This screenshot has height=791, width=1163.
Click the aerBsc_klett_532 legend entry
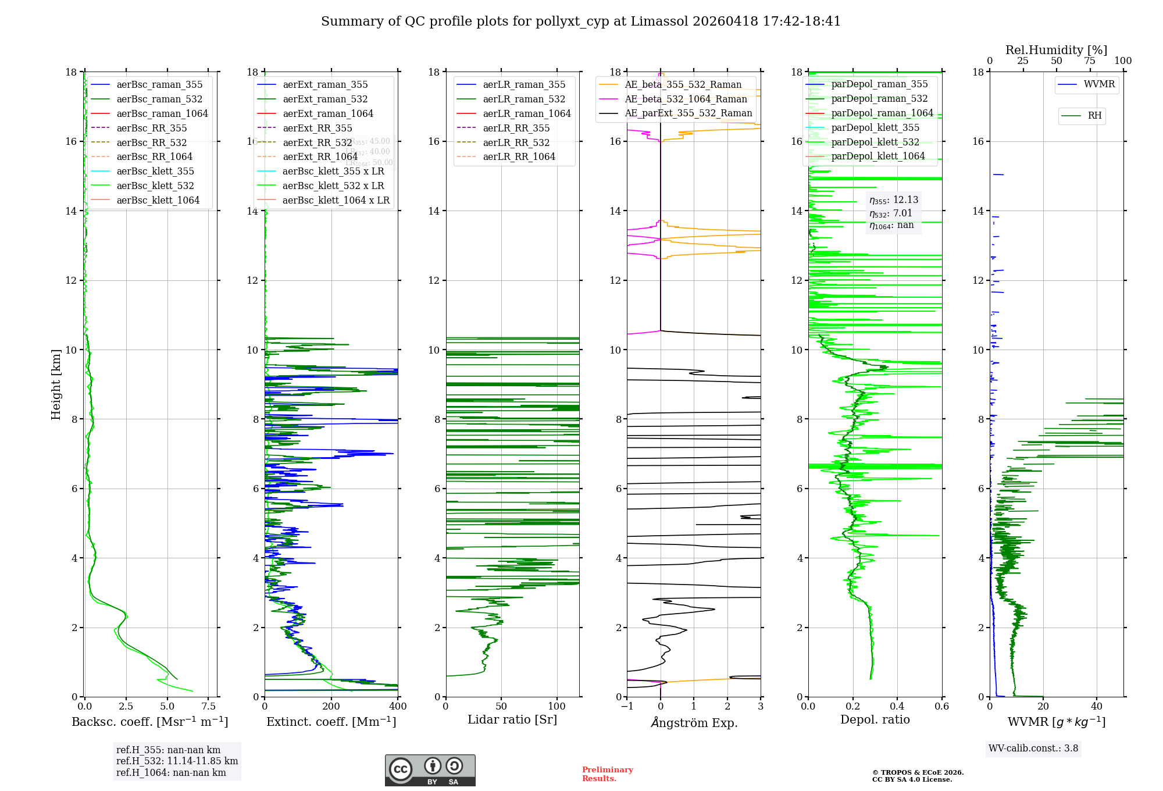click(x=155, y=186)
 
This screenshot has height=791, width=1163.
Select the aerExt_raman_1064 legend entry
click(x=328, y=113)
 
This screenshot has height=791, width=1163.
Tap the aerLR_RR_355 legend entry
click(x=516, y=128)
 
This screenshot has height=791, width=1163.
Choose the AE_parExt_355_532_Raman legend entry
click(x=688, y=113)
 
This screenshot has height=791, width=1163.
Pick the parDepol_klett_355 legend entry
click(x=875, y=127)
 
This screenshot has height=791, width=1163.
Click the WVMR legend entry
click(x=1099, y=84)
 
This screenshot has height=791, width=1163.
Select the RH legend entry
click(x=1094, y=116)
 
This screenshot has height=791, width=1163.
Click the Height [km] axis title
click(x=56, y=384)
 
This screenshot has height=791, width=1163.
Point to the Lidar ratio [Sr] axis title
click(x=512, y=719)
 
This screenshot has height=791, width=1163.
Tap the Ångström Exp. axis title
click(x=694, y=722)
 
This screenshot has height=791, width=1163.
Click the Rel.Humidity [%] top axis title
click(x=1056, y=50)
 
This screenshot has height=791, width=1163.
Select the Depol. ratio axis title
click(x=875, y=719)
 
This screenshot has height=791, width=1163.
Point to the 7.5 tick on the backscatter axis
click(x=209, y=706)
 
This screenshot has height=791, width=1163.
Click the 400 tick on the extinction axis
click(x=398, y=706)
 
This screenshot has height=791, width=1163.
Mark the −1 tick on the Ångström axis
click(x=627, y=706)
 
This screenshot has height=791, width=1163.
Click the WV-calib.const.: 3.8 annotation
click(x=1033, y=748)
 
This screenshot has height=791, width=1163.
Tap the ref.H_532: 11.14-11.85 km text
click(x=177, y=761)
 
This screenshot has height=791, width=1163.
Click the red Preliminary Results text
click(x=607, y=774)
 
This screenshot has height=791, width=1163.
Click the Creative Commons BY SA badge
click(x=430, y=770)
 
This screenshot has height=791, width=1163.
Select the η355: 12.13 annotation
click(x=894, y=200)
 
